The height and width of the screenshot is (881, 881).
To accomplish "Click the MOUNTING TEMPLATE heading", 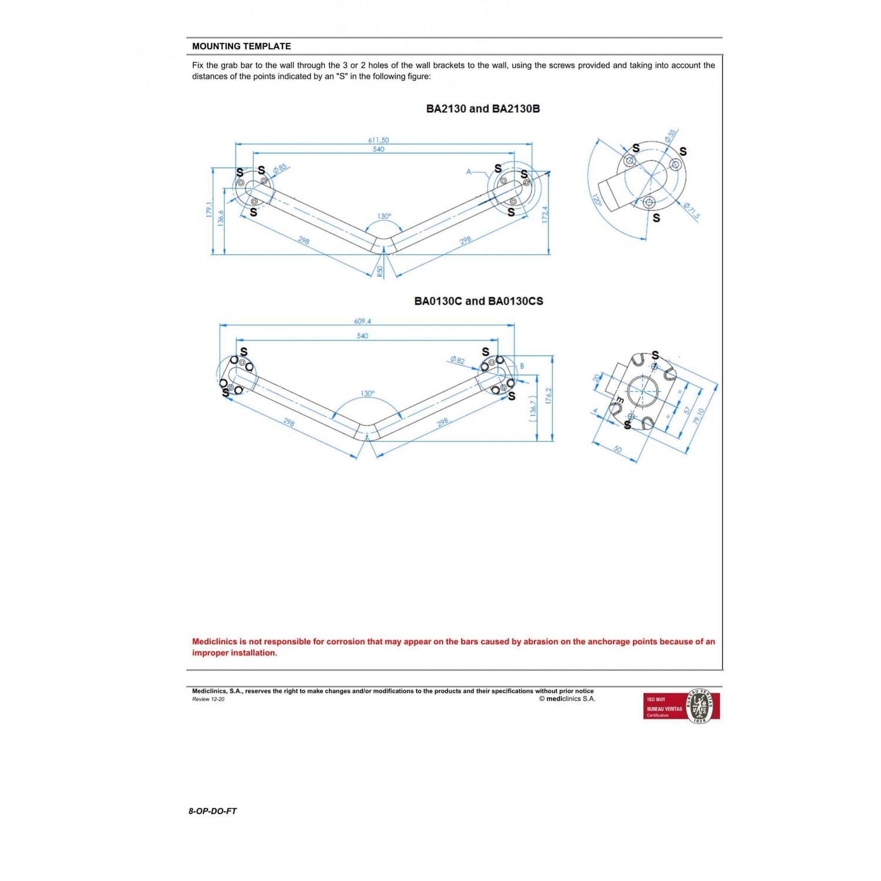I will coord(241,46).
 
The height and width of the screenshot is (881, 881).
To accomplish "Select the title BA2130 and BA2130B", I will coord(483,109).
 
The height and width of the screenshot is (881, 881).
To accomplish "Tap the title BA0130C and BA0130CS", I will coord(479,301).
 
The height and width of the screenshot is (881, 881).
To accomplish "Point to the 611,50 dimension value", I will coord(378,140).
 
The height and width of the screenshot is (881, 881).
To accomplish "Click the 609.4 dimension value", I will coord(362,321).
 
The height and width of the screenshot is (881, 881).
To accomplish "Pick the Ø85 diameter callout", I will coord(280,169).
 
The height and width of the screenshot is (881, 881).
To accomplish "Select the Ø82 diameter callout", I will coord(457,360).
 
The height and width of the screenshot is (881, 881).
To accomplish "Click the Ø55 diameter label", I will coord(670,136).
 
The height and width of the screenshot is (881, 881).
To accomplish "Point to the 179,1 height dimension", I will coord(209,210).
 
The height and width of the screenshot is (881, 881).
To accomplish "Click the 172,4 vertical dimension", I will coord(544,214).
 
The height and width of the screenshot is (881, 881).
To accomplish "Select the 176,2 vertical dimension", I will coord(549,395).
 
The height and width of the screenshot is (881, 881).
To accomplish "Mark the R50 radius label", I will coord(380,271).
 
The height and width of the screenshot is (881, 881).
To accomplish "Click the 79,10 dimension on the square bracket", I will coord(698,416).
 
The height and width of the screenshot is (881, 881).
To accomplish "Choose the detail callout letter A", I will coord(469,172).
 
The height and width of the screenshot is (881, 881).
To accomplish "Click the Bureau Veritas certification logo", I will coord(681,707).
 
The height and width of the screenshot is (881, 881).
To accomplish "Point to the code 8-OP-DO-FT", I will coord(213,811).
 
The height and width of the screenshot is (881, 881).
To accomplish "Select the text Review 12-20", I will coord(208,699).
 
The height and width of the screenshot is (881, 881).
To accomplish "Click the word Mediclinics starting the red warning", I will coord(215,641).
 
